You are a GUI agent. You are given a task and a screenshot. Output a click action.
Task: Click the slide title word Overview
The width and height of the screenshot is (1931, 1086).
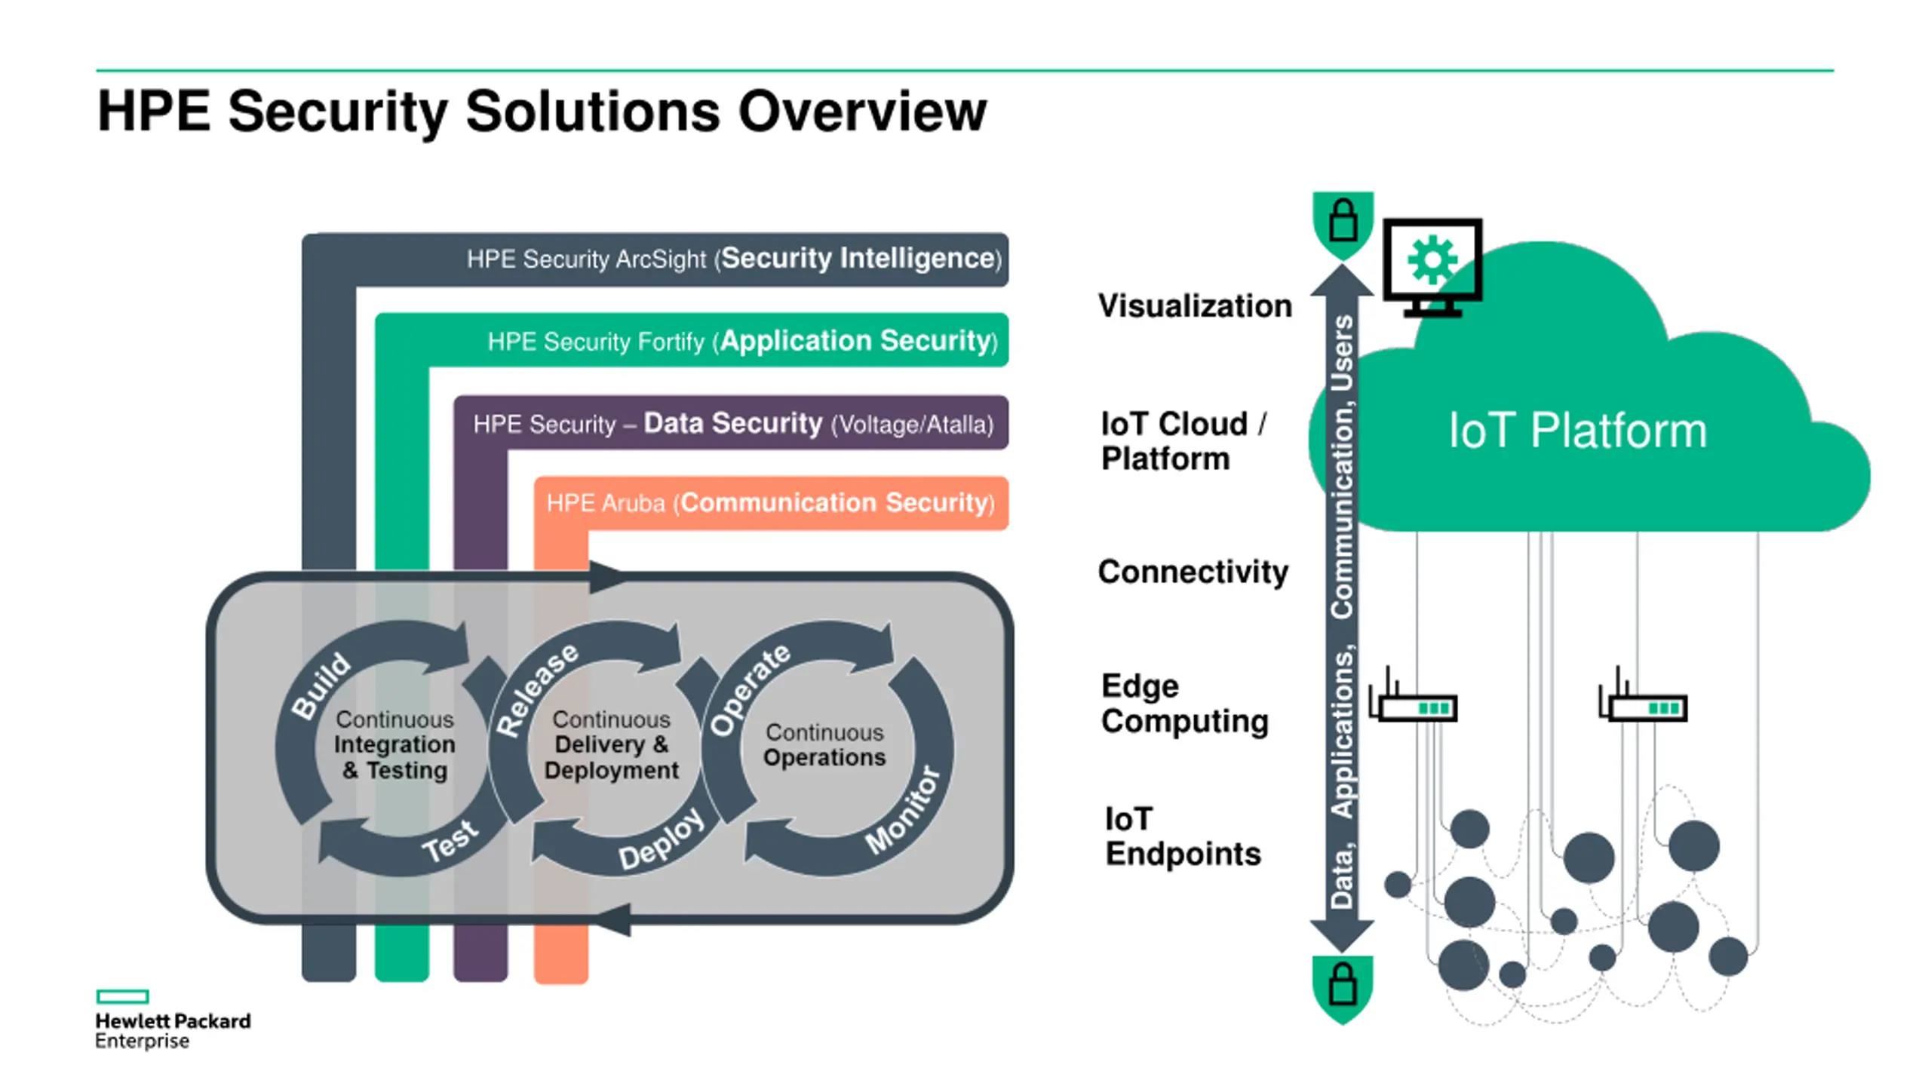tap(861, 112)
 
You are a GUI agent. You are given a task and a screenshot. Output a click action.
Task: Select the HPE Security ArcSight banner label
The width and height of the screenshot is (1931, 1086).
tap(734, 259)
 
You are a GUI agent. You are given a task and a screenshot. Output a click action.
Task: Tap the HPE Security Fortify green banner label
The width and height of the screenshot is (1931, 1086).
tap(743, 341)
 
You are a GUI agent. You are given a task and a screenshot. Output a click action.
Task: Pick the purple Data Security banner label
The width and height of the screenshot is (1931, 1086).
tap(733, 423)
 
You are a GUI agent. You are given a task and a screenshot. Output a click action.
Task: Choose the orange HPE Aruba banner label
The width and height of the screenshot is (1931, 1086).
tap(770, 503)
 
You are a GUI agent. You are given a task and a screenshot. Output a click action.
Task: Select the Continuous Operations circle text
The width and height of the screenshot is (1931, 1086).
tap(824, 744)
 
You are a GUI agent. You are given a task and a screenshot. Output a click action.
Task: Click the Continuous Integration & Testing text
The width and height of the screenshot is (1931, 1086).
tap(394, 744)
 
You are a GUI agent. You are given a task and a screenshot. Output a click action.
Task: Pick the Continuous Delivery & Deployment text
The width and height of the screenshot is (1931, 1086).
tap(611, 744)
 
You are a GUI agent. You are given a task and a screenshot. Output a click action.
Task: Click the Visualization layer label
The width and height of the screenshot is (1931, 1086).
tap(1195, 306)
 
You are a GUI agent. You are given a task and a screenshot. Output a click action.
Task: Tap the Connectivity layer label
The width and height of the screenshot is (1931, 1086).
tap(1193, 572)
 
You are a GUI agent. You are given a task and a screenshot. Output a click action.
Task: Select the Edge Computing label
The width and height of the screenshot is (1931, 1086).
tap(1184, 704)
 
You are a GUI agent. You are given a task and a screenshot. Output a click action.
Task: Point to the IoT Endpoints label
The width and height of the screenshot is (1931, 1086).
tap(1183, 836)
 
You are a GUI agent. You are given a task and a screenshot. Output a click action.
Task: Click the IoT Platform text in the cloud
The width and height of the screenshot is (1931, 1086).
tap(1577, 431)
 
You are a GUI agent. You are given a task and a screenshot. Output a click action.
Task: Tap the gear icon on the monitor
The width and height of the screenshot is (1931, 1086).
tap(1432, 260)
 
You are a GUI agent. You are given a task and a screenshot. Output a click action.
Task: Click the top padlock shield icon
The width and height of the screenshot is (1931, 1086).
tap(1343, 225)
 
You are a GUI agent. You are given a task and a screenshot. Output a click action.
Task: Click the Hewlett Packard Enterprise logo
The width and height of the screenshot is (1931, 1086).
tap(173, 1020)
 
